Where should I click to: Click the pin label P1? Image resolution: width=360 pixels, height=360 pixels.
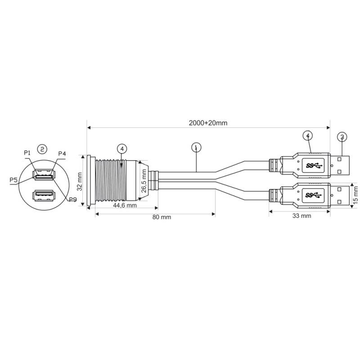[x=27, y=153]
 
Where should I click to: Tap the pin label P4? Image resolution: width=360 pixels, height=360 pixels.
[x=62, y=153]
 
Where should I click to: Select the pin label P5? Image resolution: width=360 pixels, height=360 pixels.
[x=14, y=180]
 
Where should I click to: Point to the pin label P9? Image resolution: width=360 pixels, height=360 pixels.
[x=72, y=199]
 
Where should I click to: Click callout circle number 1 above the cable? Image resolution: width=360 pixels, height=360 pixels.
[x=195, y=147]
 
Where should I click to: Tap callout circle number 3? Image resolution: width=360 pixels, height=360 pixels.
[x=342, y=136]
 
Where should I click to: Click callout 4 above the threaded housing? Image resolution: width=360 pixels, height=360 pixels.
[x=121, y=148]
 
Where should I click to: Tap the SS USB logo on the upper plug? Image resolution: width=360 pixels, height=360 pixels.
[x=314, y=165]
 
